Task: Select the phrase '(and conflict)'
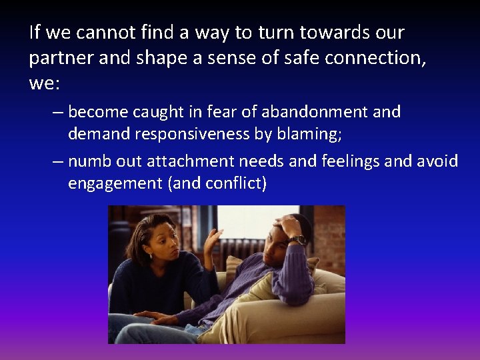pos(219,183)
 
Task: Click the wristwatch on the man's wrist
pos(297,239)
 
